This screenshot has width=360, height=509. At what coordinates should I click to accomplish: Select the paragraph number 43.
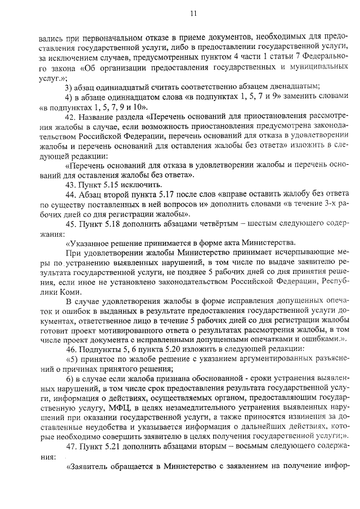pyautogui.click(x=70, y=184)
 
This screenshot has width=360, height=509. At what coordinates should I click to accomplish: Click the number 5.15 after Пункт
pyautogui.click(x=110, y=184)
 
